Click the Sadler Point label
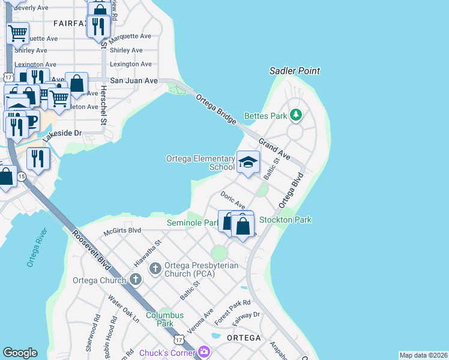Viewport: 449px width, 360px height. coord(294,71)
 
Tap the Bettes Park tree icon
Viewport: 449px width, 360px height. coord(295,115)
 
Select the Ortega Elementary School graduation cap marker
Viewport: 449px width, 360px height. coord(248,161)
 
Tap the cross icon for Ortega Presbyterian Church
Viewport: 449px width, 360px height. coord(155,268)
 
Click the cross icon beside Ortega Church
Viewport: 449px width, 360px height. coord(136,279)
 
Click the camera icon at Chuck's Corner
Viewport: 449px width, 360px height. coord(204,352)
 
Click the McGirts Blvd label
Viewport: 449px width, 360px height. coord(122,230)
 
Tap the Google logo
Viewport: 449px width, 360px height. coord(20,353)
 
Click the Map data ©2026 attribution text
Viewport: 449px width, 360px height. coord(423,355)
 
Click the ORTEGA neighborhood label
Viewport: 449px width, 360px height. coord(244,338)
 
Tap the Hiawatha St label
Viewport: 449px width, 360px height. coord(148,254)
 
